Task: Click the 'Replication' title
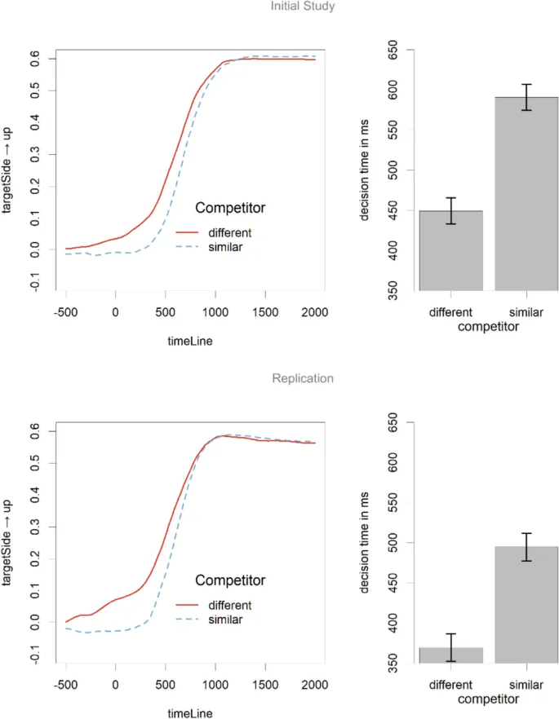click(303, 379)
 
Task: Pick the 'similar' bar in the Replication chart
click(526, 604)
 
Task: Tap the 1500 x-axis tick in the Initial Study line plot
click(264, 312)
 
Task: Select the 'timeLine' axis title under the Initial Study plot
click(190, 342)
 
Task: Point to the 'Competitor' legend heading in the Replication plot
click(230, 580)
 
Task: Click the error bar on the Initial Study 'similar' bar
click(526, 97)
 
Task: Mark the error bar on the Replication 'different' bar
click(451, 647)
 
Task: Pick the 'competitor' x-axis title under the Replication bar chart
click(489, 699)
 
